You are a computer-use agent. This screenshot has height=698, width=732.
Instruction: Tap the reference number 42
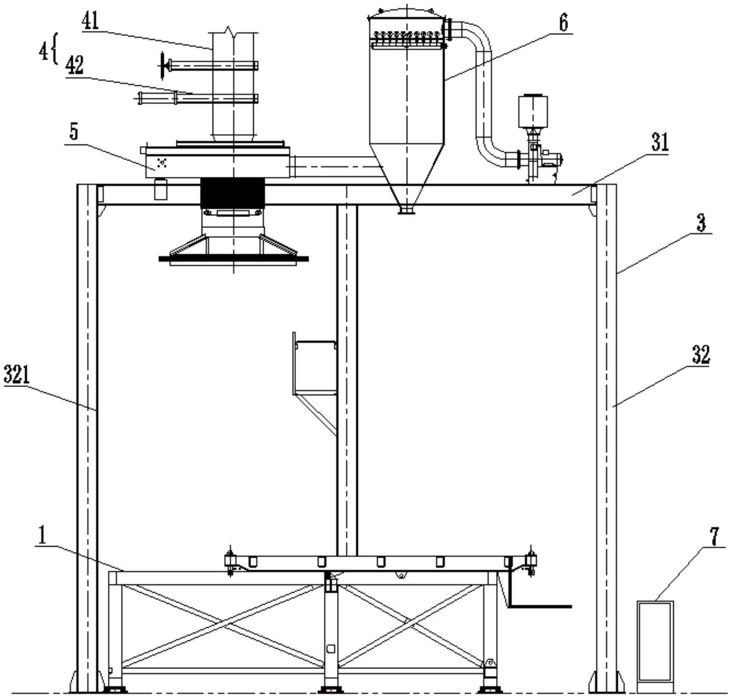tap(74, 66)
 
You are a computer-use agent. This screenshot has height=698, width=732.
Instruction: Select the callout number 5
tap(74, 133)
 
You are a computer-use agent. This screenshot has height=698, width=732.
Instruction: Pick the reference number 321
tap(17, 375)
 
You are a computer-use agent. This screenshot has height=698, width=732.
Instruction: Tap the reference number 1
tap(42, 536)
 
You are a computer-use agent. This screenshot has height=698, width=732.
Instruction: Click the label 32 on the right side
tap(700, 354)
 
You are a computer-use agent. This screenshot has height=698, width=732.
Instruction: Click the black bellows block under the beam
tap(232, 192)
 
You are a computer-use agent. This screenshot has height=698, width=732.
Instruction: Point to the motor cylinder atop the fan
tap(533, 111)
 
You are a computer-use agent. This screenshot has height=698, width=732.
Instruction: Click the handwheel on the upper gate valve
tap(162, 66)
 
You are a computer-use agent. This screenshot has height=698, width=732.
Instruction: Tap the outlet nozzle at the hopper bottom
tap(406, 210)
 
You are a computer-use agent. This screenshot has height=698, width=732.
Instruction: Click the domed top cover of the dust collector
tap(406, 13)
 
